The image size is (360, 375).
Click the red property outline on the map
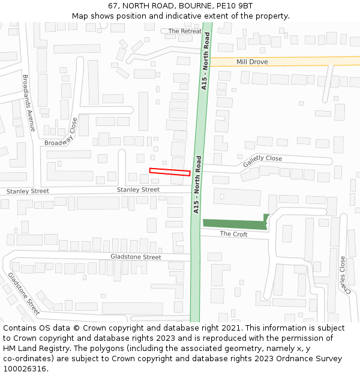(170, 172)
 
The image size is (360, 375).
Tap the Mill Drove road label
(252, 62)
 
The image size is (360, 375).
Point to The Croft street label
(233, 234)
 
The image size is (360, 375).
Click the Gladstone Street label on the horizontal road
(136, 257)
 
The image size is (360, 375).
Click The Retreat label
(185, 31)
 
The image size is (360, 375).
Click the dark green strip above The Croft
(234, 224)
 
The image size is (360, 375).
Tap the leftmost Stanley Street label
(28, 191)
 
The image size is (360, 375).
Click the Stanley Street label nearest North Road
(138, 190)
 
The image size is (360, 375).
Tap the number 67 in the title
(112, 5)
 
